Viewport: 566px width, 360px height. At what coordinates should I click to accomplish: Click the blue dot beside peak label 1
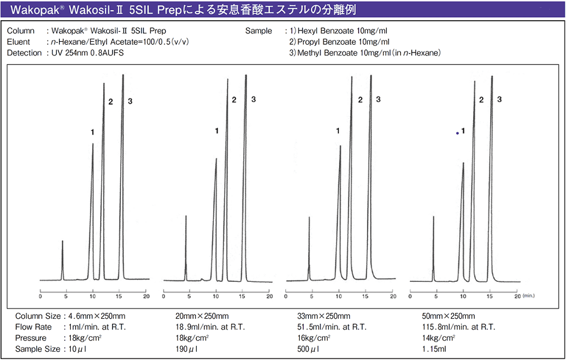(x=458, y=133)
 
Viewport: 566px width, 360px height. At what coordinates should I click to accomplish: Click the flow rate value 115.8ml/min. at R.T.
(x=458, y=327)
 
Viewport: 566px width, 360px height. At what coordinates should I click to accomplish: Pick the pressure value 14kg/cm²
(x=438, y=338)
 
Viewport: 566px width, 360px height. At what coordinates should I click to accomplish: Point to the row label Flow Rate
(x=33, y=327)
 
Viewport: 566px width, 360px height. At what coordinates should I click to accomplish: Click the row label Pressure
(x=32, y=338)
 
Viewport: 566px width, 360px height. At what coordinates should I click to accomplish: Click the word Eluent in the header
(x=18, y=42)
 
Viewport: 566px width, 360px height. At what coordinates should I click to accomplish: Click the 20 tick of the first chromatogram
(x=146, y=296)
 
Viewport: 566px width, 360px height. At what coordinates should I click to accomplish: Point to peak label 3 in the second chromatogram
(x=253, y=99)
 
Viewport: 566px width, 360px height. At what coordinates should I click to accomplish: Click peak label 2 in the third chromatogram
(x=360, y=100)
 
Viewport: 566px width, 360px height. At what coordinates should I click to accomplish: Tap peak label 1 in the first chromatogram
(x=92, y=132)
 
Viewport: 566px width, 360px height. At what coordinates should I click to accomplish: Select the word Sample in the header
(x=258, y=30)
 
